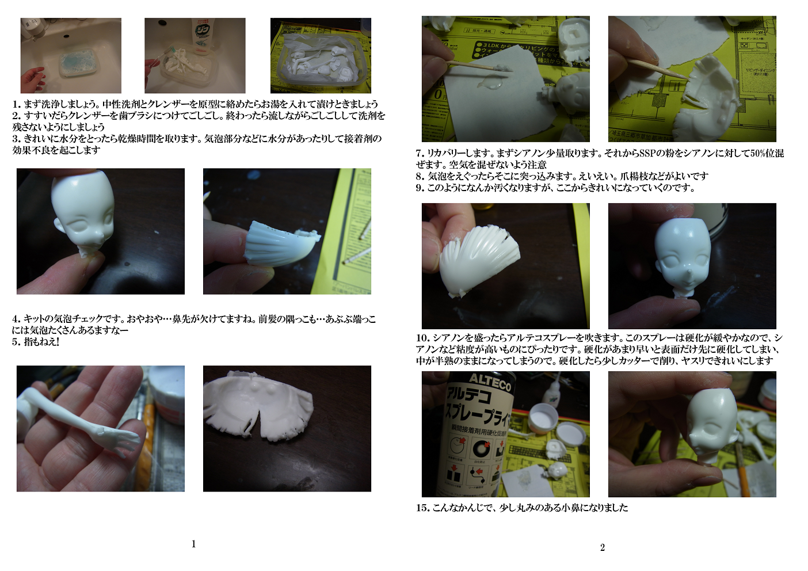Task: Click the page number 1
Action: click(194, 544)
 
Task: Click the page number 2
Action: click(603, 547)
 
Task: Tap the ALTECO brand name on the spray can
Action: click(490, 382)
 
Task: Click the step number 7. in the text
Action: click(420, 153)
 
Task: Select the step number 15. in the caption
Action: click(423, 508)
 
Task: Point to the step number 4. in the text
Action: click(16, 319)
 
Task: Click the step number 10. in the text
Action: click(423, 338)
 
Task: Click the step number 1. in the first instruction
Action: click(16, 104)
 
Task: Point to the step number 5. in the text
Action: click(16, 341)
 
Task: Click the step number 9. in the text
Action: click(420, 188)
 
